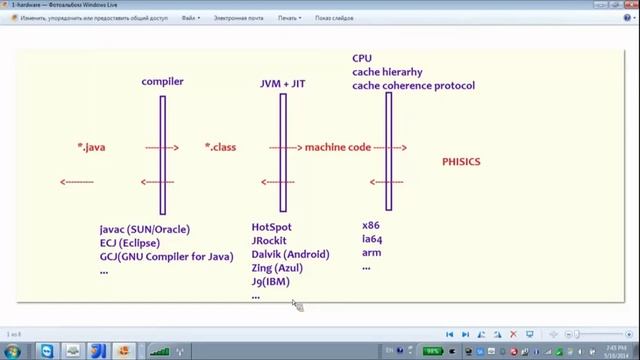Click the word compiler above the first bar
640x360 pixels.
tap(162, 81)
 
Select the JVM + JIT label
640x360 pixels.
tap(283, 84)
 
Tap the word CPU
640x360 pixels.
tap(361, 58)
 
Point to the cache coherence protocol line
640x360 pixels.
tap(413, 86)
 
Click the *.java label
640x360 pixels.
tap(91, 147)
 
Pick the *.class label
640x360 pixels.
tap(220, 147)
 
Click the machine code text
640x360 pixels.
tap(338, 147)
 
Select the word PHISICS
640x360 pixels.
tap(461, 161)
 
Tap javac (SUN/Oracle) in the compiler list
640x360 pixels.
tap(144, 229)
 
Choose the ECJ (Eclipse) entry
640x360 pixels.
tap(130, 243)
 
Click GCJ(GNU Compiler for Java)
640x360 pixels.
tap(166, 256)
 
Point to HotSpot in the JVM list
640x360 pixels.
tap(272, 227)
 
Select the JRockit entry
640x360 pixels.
tap(269, 240)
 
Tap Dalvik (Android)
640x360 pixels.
tap(290, 254)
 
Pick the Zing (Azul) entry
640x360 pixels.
tap(277, 268)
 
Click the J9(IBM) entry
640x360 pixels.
tap(270, 282)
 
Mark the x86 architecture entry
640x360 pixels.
tap(371, 226)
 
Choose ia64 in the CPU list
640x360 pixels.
tap(372, 239)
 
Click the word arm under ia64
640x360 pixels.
tap(371, 253)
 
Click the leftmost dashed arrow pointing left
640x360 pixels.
tap(77, 182)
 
